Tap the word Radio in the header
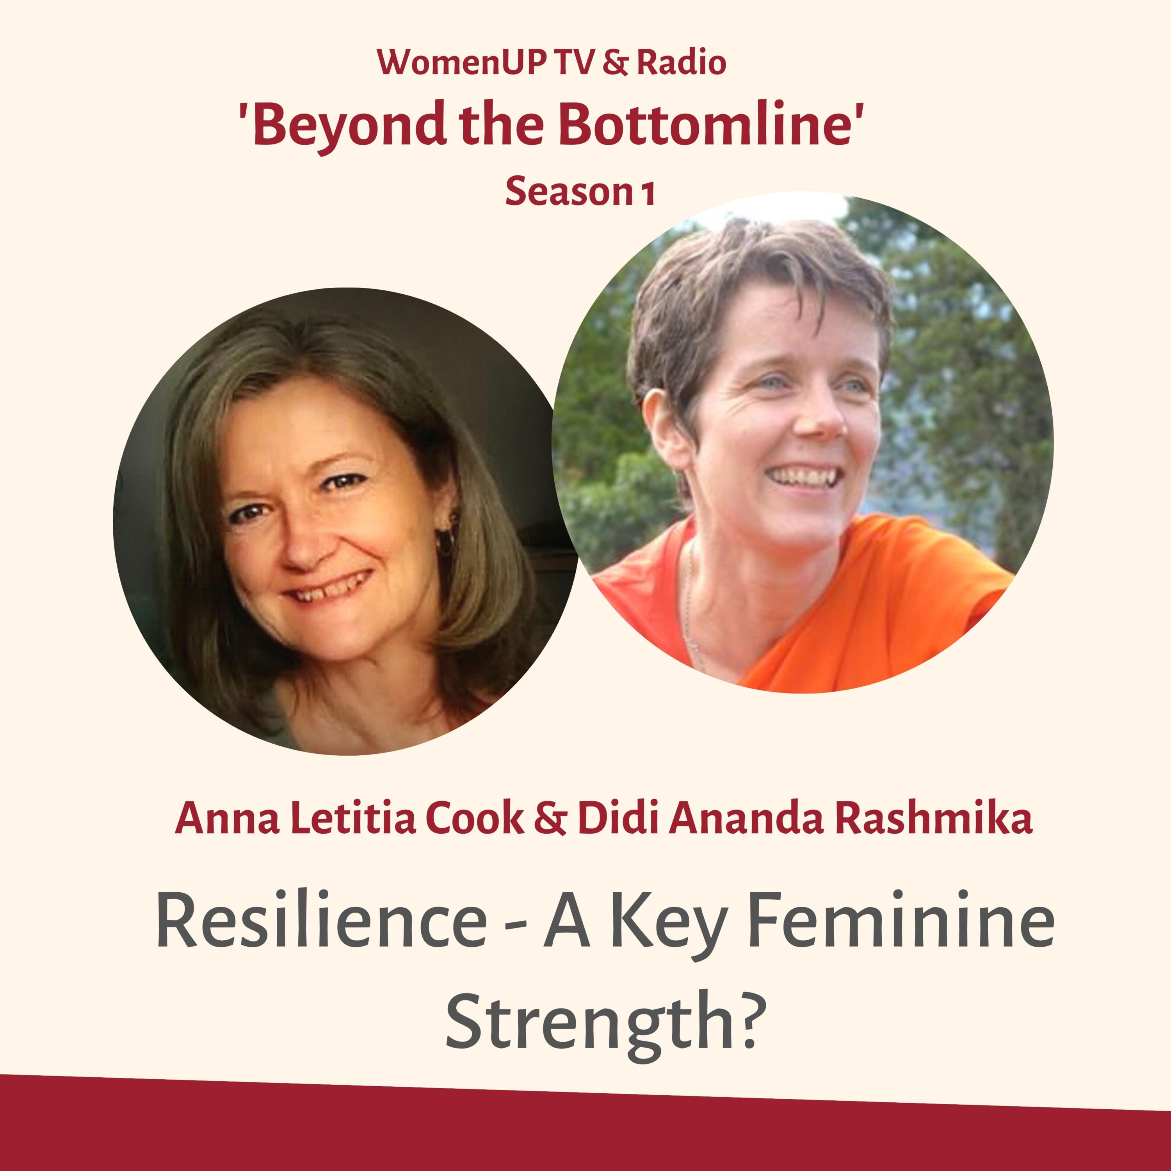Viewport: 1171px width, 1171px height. click(x=681, y=62)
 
